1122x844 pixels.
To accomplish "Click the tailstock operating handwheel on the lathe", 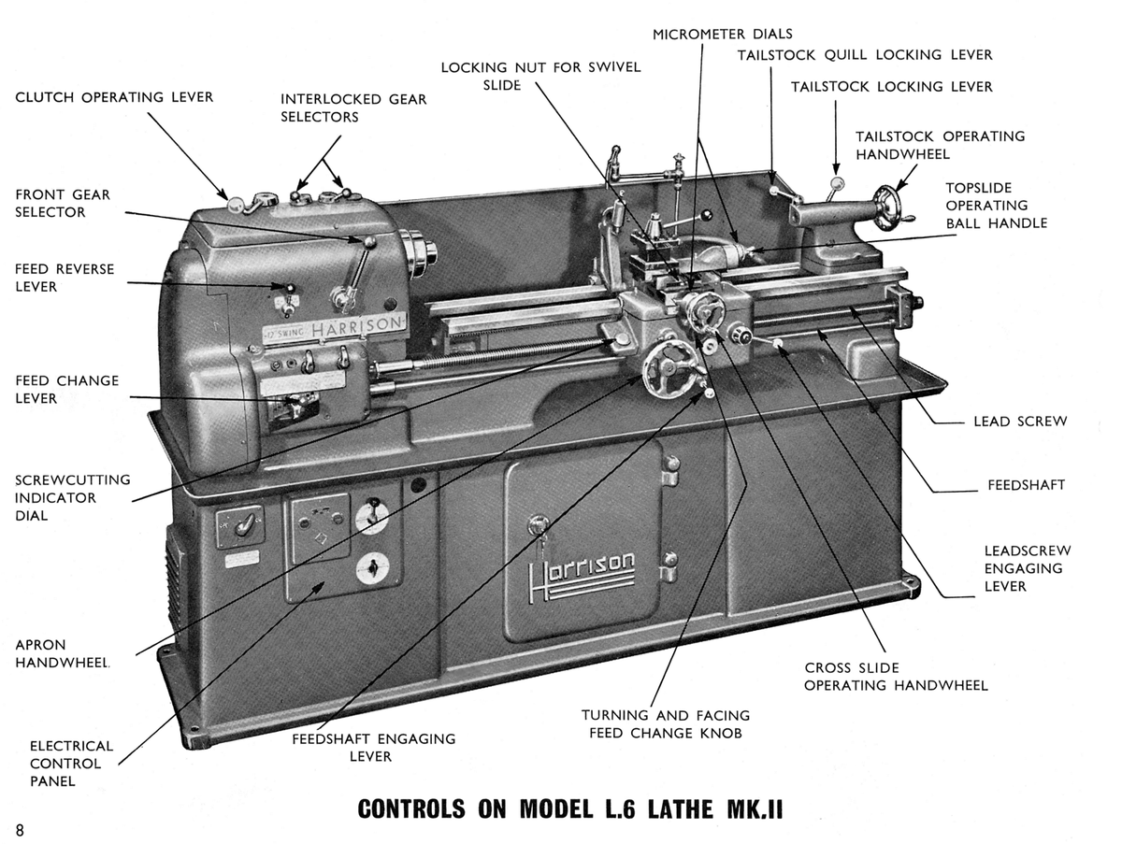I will (890, 206).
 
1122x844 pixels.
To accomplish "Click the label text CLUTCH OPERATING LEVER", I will (114, 97).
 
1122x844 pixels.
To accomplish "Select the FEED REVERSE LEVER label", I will (65, 278).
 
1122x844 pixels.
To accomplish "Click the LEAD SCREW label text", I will (1019, 422).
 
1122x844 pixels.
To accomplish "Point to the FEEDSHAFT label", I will (1026, 486).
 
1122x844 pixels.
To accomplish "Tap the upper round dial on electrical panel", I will (372, 516).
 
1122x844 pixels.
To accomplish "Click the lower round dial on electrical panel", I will (372, 567).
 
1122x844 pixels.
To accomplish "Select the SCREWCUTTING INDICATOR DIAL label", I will (73, 498).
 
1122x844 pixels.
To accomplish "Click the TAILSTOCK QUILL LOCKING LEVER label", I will (865, 55).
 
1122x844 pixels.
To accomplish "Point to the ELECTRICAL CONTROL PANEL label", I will (71, 764).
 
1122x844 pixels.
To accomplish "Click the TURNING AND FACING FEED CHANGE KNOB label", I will (665, 724).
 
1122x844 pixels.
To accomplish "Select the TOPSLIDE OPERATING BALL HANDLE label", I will (996, 206).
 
